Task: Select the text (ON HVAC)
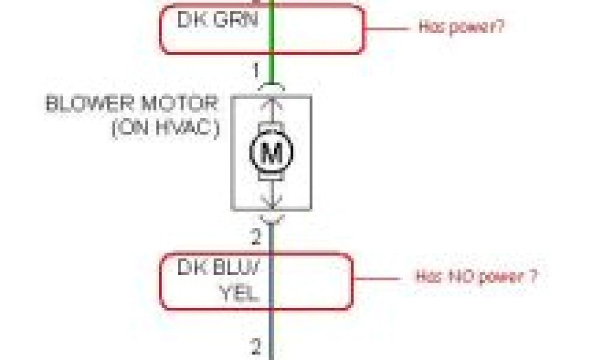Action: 164,128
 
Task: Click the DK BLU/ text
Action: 218,267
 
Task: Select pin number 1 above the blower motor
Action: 256,72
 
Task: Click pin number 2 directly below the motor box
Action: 256,238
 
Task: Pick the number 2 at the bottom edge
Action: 256,346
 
